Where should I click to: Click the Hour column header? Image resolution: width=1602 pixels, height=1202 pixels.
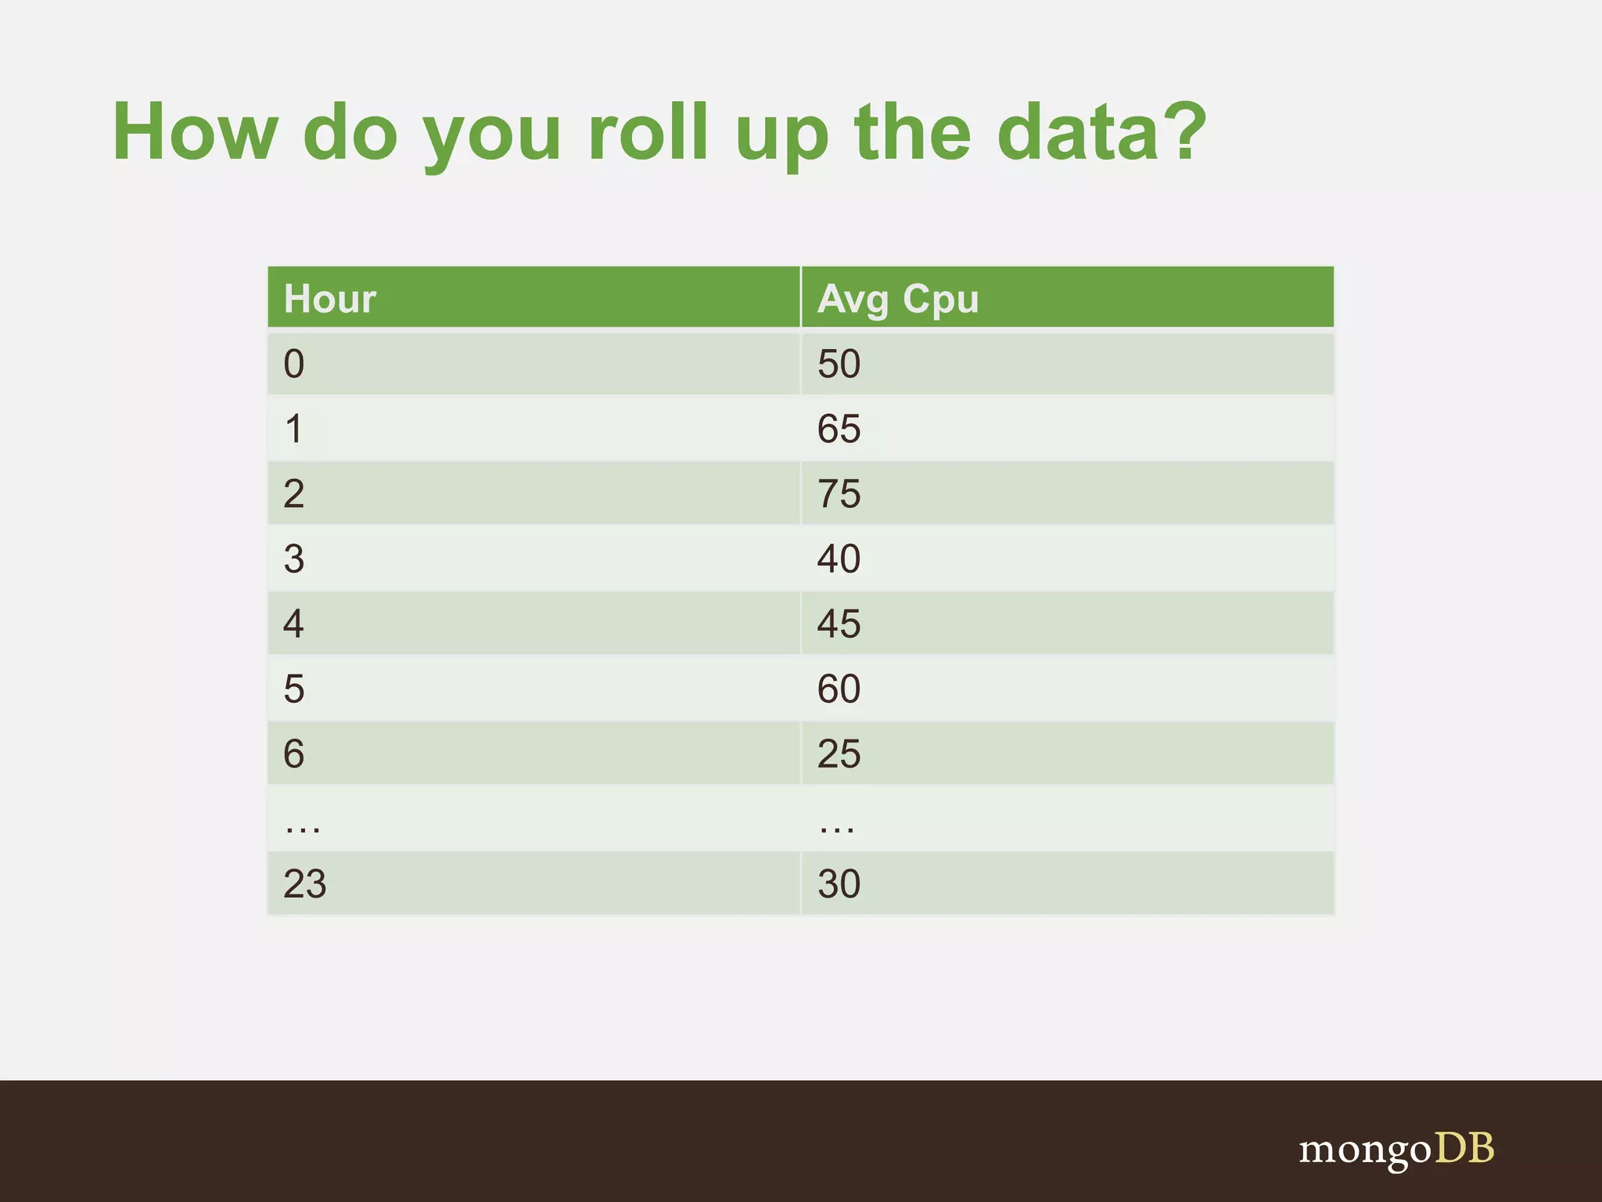(x=330, y=299)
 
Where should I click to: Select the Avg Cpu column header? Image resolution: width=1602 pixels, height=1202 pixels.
(x=898, y=299)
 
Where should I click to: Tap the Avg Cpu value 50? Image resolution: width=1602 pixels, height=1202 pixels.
(x=839, y=364)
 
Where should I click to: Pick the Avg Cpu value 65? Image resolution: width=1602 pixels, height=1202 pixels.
(x=839, y=429)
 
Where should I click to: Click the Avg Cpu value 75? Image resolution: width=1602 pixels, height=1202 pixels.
(x=839, y=494)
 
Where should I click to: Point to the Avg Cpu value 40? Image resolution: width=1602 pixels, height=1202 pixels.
(x=839, y=559)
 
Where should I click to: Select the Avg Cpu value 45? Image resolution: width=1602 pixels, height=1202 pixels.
(x=839, y=624)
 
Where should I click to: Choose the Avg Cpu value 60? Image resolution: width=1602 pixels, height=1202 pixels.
(x=839, y=689)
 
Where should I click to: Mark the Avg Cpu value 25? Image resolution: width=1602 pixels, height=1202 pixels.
(x=839, y=754)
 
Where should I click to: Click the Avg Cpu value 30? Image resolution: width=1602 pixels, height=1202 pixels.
(x=839, y=884)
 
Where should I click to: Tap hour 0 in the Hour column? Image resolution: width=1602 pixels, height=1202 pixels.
(x=294, y=364)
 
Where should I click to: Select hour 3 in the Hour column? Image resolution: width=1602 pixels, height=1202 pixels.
(x=294, y=559)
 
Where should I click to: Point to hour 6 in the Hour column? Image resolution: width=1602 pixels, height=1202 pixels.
(x=294, y=754)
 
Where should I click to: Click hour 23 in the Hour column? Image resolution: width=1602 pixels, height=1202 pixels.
(x=304, y=884)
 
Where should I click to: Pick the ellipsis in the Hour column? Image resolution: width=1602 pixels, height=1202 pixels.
(x=303, y=828)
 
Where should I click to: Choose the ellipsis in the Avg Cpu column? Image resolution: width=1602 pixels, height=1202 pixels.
(x=837, y=828)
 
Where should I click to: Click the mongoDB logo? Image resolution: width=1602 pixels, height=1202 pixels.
(x=1396, y=1150)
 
